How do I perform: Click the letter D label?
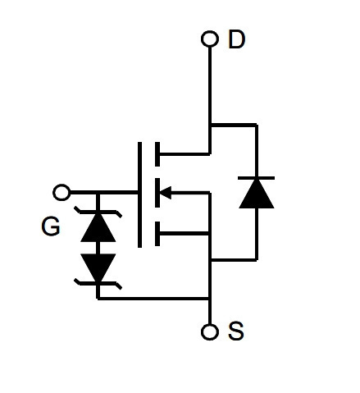pyautogui.click(x=236, y=39)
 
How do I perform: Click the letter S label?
pyautogui.click(x=235, y=331)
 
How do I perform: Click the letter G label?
pyautogui.click(x=51, y=226)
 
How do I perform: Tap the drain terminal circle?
pyautogui.click(x=210, y=39)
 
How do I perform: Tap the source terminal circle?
pyautogui.click(x=210, y=332)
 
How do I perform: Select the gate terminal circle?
pyautogui.click(x=62, y=193)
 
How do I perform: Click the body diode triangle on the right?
pyautogui.click(x=257, y=194)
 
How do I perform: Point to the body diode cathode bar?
pyautogui.click(x=257, y=178)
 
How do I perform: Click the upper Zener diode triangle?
pyautogui.click(x=98, y=227)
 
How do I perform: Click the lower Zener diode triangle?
pyautogui.click(x=98, y=267)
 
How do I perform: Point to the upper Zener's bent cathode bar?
pyautogui.click(x=98, y=212)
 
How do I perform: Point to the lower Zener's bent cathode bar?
pyautogui.click(x=98, y=283)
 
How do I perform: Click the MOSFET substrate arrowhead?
pyautogui.click(x=166, y=193)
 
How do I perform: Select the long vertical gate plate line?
pyautogui.click(x=139, y=194)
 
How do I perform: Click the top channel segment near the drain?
pyautogui.click(x=157, y=154)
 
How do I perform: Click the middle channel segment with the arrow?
pyautogui.click(x=157, y=193)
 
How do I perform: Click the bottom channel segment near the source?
pyautogui.click(x=157, y=234)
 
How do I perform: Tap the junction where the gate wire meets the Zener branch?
pyautogui.click(x=98, y=193)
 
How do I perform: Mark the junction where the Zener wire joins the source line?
pyautogui.click(x=210, y=299)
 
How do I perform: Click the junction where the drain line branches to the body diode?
pyautogui.click(x=210, y=126)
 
